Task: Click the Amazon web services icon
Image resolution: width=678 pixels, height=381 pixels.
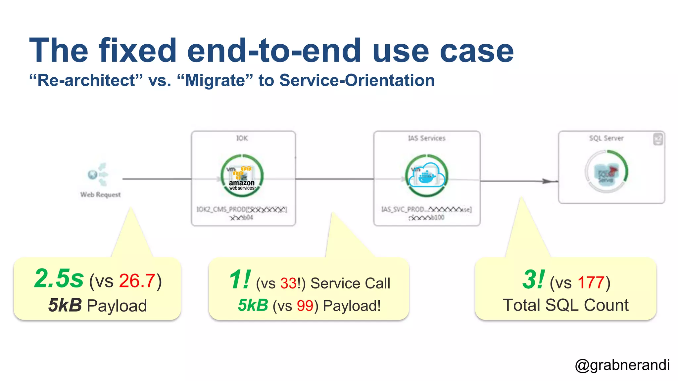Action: (242, 176)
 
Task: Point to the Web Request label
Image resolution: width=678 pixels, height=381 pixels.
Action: (100, 194)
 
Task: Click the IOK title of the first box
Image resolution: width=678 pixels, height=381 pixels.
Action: (242, 138)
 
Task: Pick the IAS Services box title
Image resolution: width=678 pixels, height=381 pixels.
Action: (426, 138)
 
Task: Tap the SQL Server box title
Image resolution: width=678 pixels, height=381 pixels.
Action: (606, 138)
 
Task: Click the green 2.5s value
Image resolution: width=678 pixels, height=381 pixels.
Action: (59, 278)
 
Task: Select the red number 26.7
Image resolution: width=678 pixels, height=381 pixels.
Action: (137, 281)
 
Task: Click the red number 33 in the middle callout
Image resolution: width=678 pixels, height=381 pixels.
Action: (288, 283)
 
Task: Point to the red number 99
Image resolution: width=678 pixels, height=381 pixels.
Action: (305, 306)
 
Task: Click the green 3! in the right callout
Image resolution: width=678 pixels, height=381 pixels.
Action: (533, 279)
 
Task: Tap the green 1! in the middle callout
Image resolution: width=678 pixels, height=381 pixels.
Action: (240, 280)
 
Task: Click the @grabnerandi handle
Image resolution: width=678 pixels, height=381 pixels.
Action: (622, 365)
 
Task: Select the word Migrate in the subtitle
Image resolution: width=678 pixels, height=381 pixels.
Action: (215, 80)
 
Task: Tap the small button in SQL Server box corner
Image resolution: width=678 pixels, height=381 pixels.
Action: (658, 139)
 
